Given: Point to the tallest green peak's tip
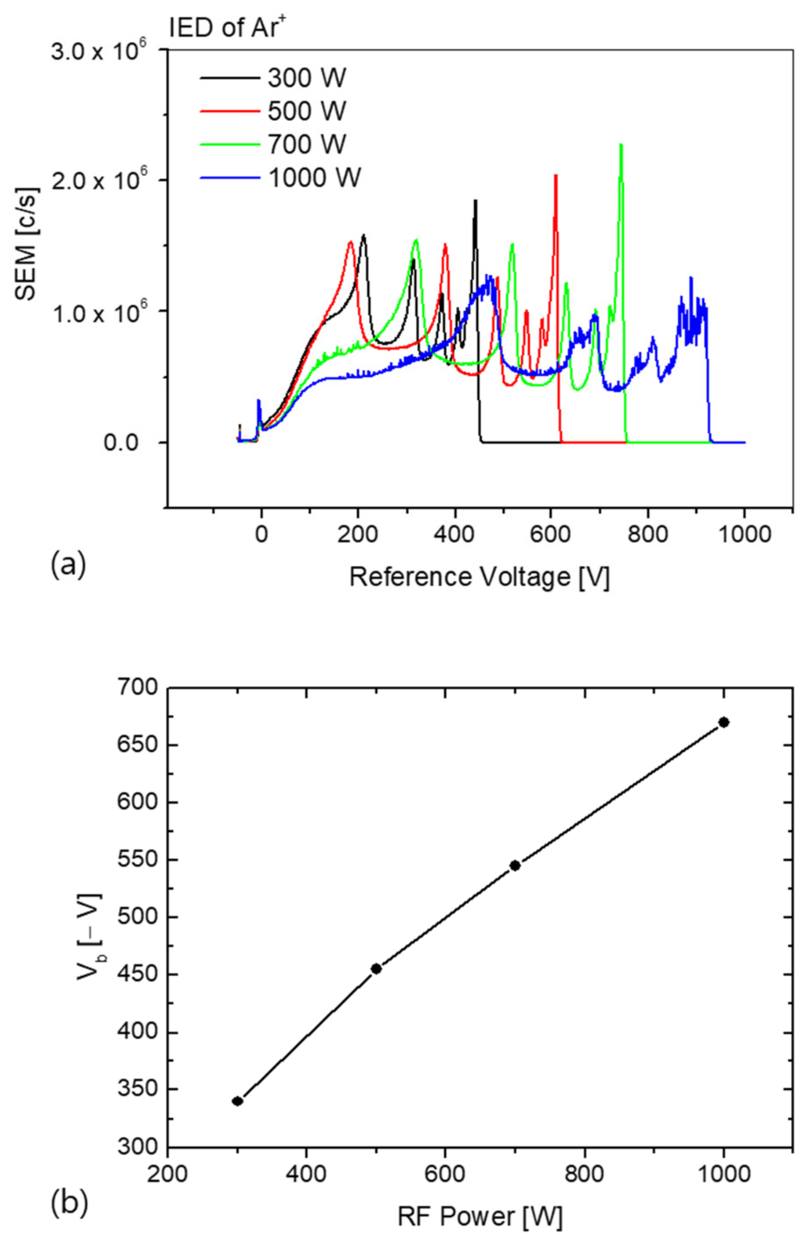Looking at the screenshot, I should tap(620, 145).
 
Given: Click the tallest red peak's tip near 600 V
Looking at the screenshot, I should tap(556, 176).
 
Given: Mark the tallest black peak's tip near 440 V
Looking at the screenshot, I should tap(475, 200).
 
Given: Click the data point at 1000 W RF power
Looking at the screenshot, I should tap(723, 722).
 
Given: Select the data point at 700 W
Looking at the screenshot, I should tap(515, 866).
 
